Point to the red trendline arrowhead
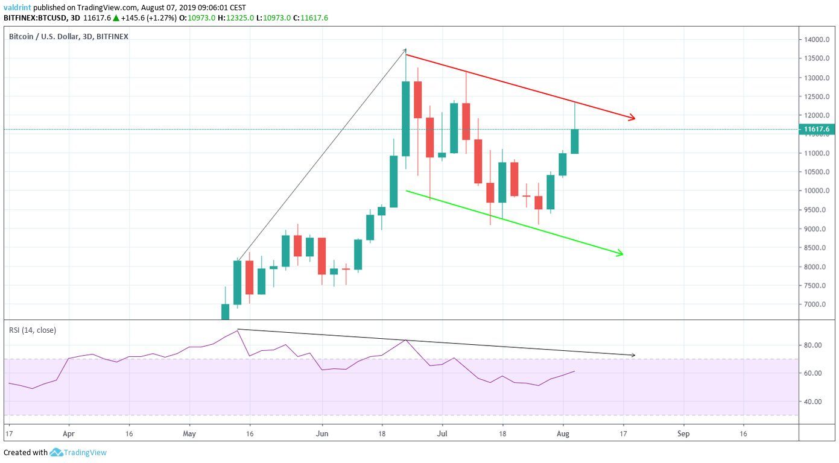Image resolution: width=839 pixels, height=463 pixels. coord(632,118)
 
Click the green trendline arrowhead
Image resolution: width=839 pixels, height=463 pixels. coord(619,254)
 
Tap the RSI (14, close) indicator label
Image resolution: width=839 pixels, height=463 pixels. coord(33,330)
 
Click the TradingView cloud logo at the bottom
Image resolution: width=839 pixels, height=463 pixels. coord(57,452)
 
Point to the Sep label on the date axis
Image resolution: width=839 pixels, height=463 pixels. coord(683,433)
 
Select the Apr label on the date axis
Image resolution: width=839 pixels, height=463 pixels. coord(69,433)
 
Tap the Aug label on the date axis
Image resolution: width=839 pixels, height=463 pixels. coord(562,433)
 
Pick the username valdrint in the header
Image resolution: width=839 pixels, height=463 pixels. coord(17,8)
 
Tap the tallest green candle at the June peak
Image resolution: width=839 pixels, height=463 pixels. coord(406,119)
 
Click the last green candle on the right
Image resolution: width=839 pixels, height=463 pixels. coord(575,141)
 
